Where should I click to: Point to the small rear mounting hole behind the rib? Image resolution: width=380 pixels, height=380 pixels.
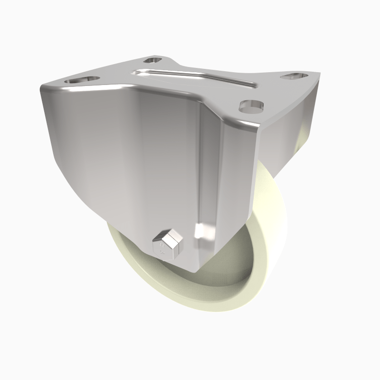point(153,60)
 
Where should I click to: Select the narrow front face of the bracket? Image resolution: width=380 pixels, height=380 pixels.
point(228,190)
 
